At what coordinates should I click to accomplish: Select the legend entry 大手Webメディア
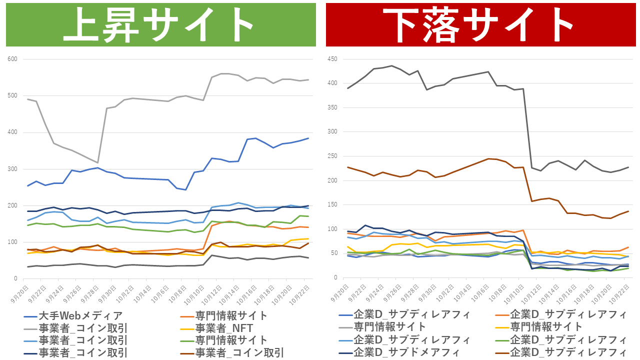pos(80,316)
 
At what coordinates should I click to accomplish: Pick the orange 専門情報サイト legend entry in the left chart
pos(231,316)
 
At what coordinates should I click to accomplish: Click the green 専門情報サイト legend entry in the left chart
pos(231,340)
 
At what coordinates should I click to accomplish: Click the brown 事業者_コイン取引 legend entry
pos(239,352)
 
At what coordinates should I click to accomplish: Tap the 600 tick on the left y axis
pos(12,59)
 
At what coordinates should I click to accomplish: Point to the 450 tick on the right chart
pos(332,59)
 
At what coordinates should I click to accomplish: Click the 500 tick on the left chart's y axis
pos(12,96)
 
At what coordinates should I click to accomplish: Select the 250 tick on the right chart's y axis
pos(332,156)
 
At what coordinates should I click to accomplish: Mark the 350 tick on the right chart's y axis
pos(332,108)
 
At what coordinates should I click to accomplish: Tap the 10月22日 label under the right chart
pos(619,293)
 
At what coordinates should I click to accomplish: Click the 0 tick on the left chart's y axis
pos(15,279)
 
